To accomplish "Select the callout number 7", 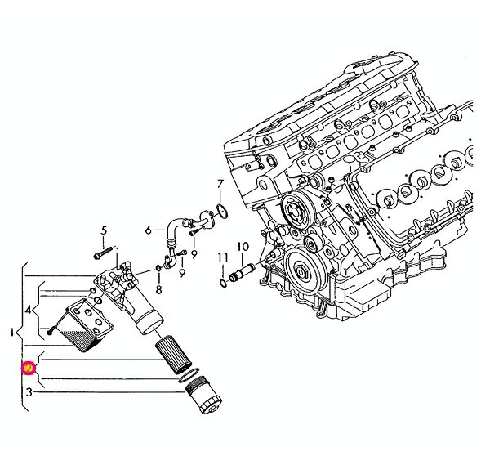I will point(220,183).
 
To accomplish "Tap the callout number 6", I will point(149,230).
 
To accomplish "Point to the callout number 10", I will point(243,246).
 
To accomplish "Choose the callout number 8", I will point(158,289).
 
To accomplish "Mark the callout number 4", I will point(29,311).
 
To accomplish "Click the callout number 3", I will point(29,393).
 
